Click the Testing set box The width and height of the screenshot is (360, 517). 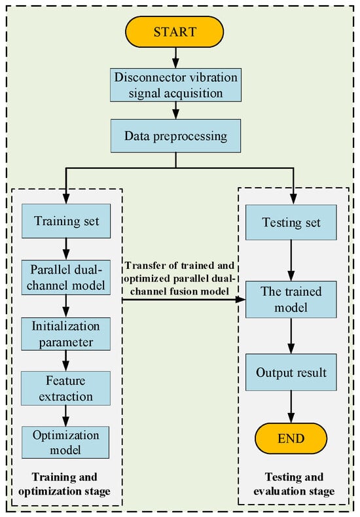(x=289, y=223)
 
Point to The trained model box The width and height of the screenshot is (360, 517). (x=289, y=299)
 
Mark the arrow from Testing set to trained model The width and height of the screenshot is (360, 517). (x=289, y=260)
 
